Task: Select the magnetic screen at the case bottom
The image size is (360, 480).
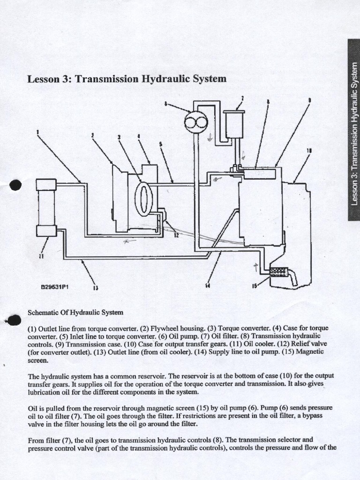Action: tap(280, 272)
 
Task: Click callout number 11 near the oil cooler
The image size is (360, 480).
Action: tap(41, 256)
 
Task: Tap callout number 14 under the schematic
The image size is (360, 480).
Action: tap(208, 286)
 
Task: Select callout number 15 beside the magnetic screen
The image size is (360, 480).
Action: tap(255, 286)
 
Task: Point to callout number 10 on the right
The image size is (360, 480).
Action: tap(309, 151)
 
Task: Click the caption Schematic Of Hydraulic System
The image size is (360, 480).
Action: tap(75, 312)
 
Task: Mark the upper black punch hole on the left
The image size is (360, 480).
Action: tap(15, 185)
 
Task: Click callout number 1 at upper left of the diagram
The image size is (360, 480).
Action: tap(37, 132)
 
